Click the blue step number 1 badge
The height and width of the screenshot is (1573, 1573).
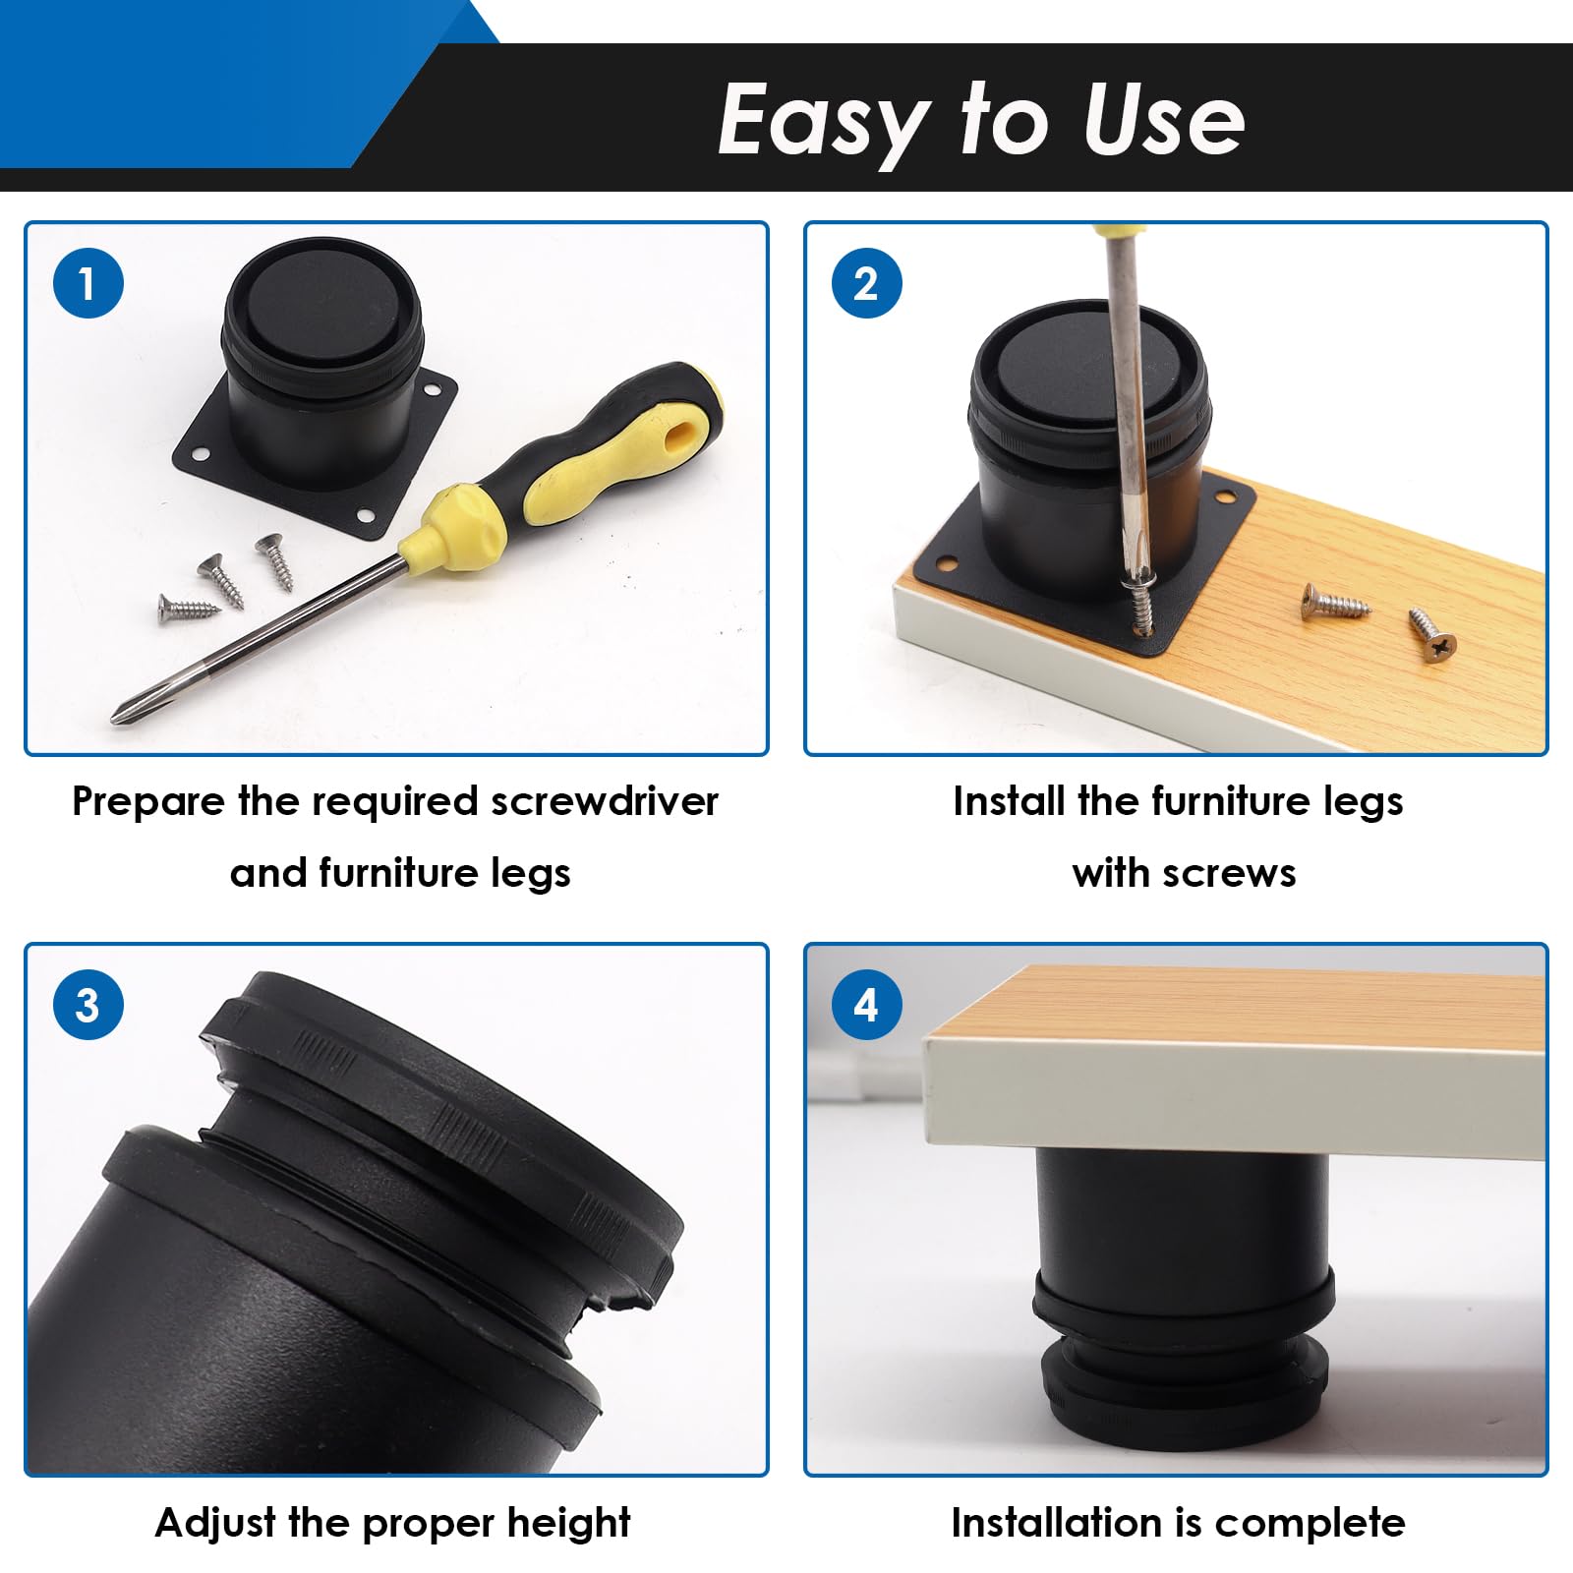88,283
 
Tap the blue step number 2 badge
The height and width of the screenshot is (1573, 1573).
867,283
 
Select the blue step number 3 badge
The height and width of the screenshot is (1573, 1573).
88,1004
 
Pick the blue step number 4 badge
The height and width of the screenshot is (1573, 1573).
867,1004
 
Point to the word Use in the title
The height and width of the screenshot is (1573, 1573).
1164,119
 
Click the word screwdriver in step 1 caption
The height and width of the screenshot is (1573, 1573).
605,801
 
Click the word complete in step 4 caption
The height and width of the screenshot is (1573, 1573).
1311,1523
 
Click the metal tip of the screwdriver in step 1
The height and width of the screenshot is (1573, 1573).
120,713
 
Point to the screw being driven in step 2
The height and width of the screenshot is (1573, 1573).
1140,606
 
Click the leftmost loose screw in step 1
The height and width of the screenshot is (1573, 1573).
189,608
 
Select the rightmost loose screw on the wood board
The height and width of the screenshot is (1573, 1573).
1432,635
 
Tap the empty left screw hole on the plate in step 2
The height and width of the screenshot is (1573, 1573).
947,565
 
